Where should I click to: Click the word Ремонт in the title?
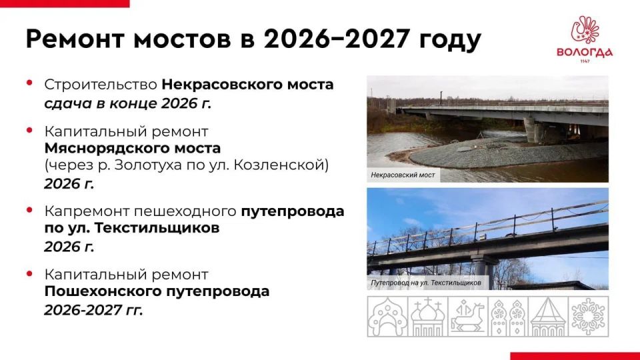75,39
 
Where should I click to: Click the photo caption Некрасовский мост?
403,175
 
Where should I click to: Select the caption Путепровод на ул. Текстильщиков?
426,283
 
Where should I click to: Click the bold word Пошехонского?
101,291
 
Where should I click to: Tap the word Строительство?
101,85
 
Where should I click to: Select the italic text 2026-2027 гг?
93,310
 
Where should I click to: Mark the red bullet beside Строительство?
29,83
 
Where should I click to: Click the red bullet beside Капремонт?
29,210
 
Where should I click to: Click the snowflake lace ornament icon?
588,317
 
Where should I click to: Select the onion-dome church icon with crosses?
427,317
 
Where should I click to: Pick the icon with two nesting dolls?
508,317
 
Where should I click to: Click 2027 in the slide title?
377,39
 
